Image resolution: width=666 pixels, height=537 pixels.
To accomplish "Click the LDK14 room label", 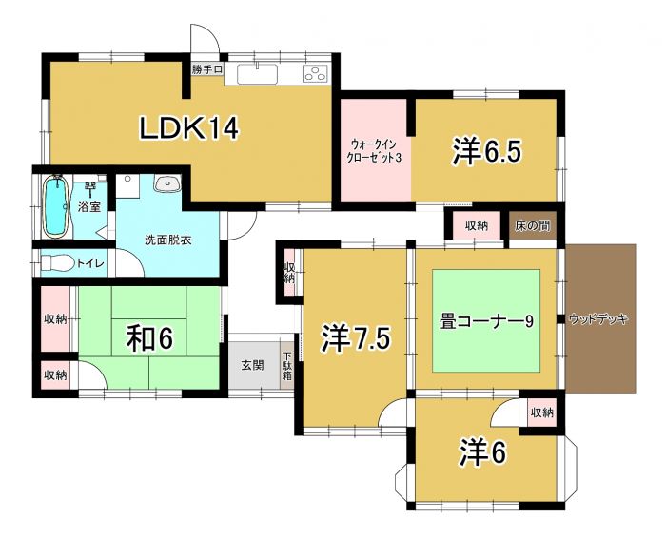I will (188, 127).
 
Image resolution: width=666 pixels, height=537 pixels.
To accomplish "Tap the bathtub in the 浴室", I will (55, 206).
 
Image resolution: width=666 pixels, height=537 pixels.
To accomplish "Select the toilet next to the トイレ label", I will (57, 262).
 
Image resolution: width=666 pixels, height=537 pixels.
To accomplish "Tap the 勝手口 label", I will (206, 69).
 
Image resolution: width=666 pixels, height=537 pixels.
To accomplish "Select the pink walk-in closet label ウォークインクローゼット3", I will (375, 150).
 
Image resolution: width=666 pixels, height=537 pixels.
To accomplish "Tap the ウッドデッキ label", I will (598, 319).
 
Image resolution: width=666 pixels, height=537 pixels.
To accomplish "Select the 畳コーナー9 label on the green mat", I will (485, 321).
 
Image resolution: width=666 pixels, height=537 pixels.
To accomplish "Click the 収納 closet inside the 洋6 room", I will (540, 412).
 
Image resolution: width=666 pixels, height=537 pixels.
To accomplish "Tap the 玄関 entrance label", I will (252, 365).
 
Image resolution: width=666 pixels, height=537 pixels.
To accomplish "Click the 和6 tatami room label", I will (150, 337).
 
